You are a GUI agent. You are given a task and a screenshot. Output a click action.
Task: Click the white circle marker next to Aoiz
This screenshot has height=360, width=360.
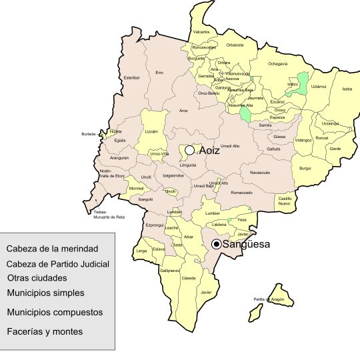190,151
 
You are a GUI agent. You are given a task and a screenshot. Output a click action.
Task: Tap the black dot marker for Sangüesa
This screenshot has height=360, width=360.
216,245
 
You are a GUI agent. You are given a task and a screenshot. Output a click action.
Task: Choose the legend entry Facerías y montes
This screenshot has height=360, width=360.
45,331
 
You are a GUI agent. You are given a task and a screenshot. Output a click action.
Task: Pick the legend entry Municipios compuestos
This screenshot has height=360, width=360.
55,312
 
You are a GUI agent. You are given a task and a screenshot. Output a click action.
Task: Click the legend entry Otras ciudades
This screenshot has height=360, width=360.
37,277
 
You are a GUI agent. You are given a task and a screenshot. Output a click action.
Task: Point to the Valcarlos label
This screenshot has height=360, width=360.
201,32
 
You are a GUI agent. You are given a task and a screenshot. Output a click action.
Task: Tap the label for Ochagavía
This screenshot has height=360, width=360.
277,63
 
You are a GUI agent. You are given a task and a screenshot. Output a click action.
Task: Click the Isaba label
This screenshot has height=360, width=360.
347,89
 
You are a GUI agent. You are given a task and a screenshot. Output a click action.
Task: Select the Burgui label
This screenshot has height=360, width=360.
305,168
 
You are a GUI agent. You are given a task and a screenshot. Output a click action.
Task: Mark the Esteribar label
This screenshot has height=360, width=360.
132,78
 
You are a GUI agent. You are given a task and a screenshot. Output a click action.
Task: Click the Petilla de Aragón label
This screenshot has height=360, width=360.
269,299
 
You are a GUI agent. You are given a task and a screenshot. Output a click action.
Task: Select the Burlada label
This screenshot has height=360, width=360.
89,133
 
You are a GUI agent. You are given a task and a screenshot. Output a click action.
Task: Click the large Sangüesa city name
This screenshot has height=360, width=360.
246,245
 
